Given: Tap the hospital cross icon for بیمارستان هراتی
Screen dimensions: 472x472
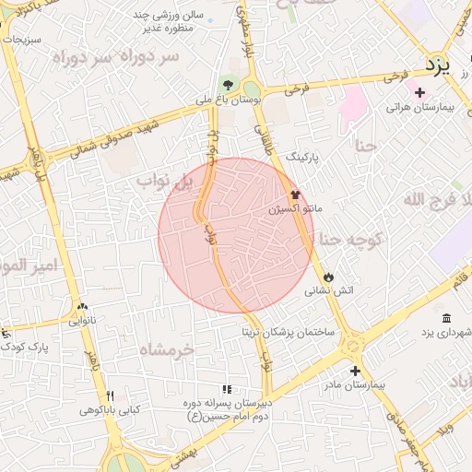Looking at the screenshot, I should coord(419,92).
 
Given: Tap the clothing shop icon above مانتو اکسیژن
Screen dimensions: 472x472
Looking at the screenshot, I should coord(295,195).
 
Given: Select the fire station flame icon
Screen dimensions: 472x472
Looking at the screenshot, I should coord(328,277).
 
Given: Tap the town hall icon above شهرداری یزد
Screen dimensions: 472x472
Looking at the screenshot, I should coord(446,318).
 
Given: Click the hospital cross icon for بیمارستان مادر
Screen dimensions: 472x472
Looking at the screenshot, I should coord(355,370).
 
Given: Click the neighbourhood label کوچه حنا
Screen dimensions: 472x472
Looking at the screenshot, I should coord(350,241).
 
